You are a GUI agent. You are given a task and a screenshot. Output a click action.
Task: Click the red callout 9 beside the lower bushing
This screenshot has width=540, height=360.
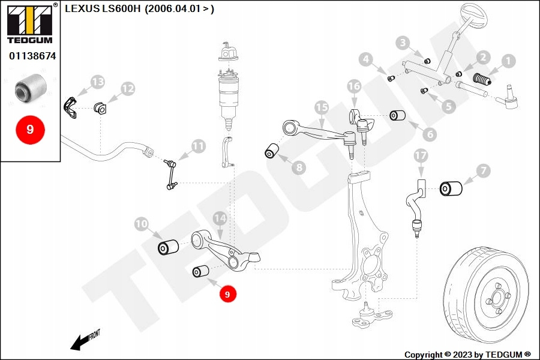tap(227, 294)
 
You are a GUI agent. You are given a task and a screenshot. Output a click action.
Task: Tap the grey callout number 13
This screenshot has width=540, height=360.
tap(97, 82)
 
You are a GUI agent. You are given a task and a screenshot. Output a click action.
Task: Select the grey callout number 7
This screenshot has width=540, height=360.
tap(484, 172)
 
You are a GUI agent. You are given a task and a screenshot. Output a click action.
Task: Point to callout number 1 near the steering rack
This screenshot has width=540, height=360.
tap(508, 61)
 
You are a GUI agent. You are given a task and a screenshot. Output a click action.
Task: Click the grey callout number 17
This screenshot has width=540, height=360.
tap(421, 156)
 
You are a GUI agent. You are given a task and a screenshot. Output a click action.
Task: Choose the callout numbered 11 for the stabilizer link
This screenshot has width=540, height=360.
tap(199, 146)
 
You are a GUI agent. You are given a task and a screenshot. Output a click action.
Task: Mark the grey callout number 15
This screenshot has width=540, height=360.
tap(322, 107)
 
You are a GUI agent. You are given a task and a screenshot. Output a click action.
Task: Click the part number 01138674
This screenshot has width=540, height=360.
tap(32, 56)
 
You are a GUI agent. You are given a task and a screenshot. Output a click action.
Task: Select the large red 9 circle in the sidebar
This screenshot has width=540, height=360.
tap(30, 130)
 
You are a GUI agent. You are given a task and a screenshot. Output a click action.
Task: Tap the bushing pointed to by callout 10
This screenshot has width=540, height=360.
tap(169, 247)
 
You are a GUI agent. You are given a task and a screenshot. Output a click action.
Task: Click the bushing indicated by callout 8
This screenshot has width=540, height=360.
tap(273, 150)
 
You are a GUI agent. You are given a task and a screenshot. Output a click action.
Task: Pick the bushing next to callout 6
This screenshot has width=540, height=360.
tap(398, 115)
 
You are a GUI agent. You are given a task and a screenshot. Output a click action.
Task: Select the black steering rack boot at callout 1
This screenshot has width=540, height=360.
tap(482, 79)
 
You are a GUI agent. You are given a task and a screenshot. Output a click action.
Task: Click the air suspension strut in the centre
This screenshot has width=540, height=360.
tap(229, 90)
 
